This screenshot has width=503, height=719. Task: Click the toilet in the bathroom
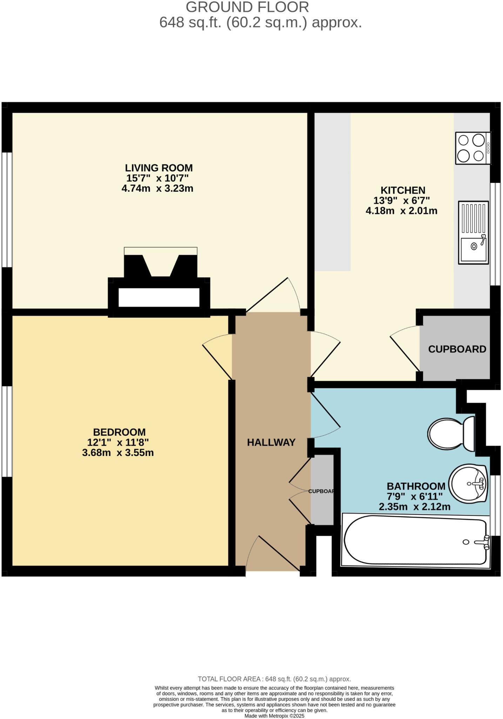(x=451, y=434)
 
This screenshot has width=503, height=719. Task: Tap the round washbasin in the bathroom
(x=468, y=484)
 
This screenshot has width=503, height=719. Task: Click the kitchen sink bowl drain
(x=474, y=246)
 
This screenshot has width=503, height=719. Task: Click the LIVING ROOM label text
(x=159, y=168)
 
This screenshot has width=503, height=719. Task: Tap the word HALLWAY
(x=271, y=442)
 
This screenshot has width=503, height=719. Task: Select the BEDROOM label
(x=119, y=432)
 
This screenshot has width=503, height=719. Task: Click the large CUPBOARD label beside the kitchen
(x=457, y=349)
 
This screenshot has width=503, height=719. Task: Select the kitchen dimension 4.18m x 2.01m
(x=401, y=211)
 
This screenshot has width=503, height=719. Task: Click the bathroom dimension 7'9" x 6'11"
(x=415, y=496)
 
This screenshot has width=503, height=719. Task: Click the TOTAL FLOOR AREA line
(x=274, y=679)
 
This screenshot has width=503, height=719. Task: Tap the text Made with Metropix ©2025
(x=274, y=716)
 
